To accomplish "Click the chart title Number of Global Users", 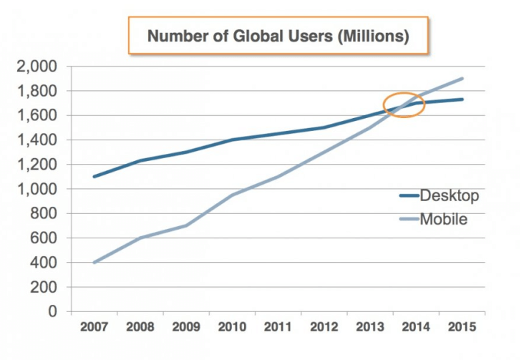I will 278,36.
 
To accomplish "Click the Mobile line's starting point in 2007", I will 93,263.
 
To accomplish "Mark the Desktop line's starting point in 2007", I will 93,177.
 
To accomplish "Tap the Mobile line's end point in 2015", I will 462,79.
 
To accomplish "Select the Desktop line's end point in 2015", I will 462,99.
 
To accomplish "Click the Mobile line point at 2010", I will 231,195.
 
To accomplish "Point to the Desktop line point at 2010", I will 231,140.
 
